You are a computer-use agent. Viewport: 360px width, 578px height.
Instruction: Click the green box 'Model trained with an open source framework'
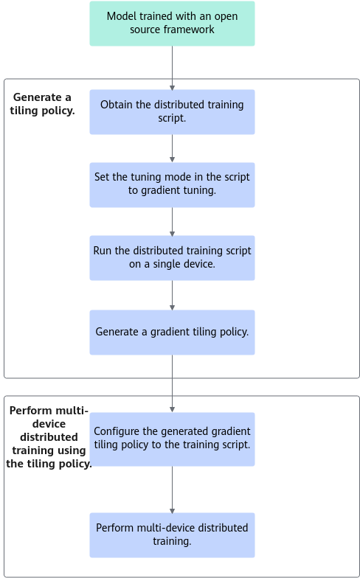point(173,24)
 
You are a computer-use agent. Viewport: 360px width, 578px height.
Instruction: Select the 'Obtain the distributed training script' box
point(173,112)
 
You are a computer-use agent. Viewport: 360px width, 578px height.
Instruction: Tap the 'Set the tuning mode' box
point(173,185)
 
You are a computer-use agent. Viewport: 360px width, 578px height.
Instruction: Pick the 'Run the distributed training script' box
point(173,258)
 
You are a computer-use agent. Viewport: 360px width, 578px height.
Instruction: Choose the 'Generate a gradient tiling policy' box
point(173,332)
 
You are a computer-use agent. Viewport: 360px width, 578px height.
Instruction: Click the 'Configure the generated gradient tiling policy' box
point(173,439)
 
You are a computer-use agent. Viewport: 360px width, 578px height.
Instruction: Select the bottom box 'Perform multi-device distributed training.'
point(173,535)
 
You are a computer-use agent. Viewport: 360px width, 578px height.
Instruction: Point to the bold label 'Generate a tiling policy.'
point(43,105)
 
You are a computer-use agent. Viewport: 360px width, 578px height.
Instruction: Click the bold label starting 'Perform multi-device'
point(49,437)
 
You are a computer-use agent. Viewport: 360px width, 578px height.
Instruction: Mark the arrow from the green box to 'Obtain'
point(173,68)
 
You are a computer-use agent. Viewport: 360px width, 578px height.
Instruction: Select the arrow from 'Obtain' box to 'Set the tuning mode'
point(173,149)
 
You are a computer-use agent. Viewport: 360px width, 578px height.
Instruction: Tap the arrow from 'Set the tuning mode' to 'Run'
point(173,221)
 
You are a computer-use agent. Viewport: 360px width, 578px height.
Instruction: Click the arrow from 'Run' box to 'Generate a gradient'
point(173,295)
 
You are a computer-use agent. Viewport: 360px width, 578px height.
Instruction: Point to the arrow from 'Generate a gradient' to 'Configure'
point(173,383)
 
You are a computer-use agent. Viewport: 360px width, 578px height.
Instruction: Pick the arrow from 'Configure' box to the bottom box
point(173,490)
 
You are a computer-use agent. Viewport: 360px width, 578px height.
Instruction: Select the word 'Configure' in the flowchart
point(113,431)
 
